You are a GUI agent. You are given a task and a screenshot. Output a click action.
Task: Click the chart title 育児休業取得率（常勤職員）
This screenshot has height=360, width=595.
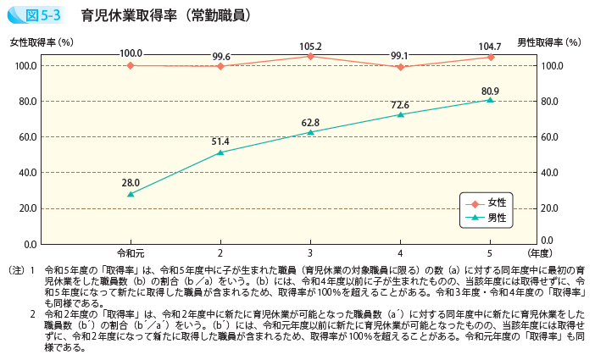tap(165, 14)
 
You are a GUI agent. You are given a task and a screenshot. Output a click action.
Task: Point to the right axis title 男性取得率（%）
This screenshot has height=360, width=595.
tap(549, 42)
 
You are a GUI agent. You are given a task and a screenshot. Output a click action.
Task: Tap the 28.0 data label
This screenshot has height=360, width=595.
tap(131, 181)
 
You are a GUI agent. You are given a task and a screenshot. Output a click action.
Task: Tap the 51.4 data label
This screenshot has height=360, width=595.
tap(220, 140)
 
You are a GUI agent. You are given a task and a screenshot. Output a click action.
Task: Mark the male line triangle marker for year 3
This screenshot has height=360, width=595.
tap(310, 132)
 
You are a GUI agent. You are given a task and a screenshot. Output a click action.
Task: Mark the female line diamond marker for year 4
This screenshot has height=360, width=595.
tap(400, 67)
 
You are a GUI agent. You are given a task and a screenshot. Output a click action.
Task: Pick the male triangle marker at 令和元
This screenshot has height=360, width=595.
tap(131, 194)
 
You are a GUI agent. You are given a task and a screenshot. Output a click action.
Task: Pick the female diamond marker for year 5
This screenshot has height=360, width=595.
tap(490, 57)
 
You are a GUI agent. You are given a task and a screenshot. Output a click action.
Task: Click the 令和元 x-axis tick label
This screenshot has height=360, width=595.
tap(131, 253)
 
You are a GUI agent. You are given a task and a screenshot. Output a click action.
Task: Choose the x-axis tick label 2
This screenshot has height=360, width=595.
tap(220, 253)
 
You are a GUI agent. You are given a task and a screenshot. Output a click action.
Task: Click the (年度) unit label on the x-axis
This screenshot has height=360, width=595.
tap(539, 253)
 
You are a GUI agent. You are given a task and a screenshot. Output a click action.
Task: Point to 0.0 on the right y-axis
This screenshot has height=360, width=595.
tap(548, 244)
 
